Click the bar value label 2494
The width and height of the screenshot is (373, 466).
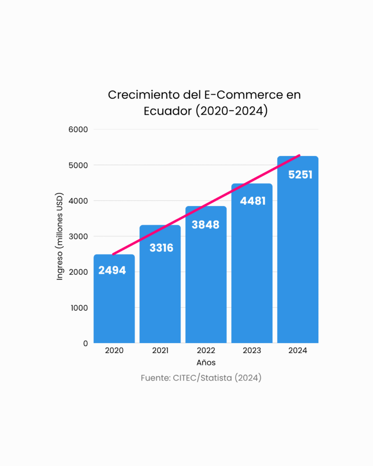tap(112, 270)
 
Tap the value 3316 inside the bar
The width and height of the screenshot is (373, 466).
tap(161, 248)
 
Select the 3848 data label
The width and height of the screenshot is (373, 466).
tap(205, 225)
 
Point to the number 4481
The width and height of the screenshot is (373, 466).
tap(252, 201)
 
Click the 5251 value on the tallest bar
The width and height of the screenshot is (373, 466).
tap(300, 175)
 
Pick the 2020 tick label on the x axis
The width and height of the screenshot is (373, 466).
tap(114, 351)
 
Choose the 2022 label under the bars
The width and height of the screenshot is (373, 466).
tap(206, 351)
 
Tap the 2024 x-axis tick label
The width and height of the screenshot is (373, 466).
tap(298, 351)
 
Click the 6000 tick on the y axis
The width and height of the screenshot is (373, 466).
tap(78, 130)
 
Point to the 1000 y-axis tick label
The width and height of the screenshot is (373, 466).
tap(79, 308)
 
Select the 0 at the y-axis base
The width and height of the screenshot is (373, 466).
tap(85, 344)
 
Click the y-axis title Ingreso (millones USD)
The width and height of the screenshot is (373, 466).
tap(60, 237)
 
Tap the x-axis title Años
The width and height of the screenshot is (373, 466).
tap(206, 363)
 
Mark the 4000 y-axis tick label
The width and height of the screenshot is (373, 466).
tap(78, 201)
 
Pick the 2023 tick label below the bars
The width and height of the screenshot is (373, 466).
tap(252, 351)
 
